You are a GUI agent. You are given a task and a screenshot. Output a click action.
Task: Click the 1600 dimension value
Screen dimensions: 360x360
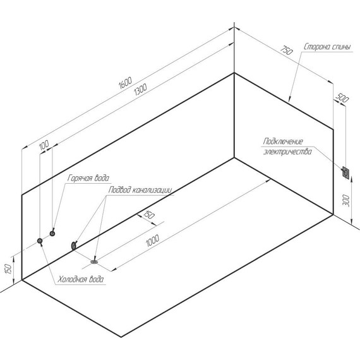pos(125,83)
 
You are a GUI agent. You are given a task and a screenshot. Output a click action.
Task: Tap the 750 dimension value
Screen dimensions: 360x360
pos(287,51)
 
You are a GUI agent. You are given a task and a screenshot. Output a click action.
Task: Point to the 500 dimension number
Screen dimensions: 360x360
pos(342,99)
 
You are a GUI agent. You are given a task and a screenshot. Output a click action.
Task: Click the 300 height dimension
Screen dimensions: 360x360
pos(347,201)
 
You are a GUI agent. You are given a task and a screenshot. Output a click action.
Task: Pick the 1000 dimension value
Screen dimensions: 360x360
pos(152,240)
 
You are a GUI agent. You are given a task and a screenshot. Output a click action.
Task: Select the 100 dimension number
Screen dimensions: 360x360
pos(44,145)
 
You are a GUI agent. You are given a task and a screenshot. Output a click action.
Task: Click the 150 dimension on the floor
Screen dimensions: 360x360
pos(149,215)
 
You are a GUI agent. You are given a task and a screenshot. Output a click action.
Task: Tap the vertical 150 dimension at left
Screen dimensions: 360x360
pos(8,268)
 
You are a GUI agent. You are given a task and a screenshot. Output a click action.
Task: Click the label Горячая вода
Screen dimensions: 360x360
pos(88,178)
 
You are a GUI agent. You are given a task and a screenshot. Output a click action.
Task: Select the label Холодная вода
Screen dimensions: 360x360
pos(80,279)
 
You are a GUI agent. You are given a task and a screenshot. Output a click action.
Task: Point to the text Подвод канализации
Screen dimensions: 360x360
pos(140,190)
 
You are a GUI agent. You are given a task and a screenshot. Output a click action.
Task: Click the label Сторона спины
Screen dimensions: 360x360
pos(327,47)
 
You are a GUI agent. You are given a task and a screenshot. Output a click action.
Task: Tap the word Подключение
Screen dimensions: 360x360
pos(283,141)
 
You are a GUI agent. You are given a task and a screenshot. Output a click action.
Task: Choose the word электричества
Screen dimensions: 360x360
pos(287,152)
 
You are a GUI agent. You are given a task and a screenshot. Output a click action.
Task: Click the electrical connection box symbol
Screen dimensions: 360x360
pos(345,172)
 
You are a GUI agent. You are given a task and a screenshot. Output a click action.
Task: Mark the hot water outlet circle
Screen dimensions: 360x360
pos(52,234)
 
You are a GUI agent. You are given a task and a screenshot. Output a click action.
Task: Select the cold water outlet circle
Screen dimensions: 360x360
pos(40,241)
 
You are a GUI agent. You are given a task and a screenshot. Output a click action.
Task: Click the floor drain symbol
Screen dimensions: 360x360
pos(94,261)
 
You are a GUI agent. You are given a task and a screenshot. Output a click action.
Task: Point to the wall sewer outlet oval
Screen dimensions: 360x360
pos(74,246)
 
